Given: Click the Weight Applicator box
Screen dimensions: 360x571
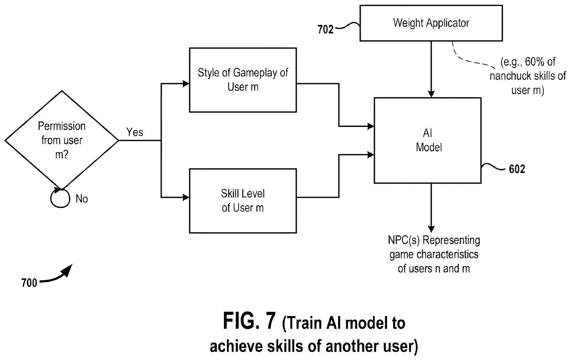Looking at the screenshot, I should pos(431,23).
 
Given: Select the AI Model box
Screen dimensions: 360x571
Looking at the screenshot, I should pos(428,140).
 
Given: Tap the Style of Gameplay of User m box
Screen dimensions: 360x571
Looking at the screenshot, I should pos(243,80).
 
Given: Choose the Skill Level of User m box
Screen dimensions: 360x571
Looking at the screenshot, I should pos(243,201).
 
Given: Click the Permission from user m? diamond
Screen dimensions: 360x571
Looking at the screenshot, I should pos(62,140).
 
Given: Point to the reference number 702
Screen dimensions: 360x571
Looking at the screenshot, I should pos(325,30).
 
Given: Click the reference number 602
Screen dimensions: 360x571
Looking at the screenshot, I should pos(517,169).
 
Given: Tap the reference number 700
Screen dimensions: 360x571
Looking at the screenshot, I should pos(29,283).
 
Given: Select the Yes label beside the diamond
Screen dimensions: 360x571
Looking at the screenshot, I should pos(134,132).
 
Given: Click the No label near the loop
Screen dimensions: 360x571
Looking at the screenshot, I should pos(82,199).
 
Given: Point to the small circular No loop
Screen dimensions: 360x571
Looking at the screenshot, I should pos(60,198).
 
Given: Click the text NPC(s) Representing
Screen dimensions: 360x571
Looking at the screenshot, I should pos(434,240).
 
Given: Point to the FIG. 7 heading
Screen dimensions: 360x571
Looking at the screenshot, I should pos(249,321).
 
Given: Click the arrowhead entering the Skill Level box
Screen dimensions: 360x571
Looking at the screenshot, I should pos(186,197).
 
